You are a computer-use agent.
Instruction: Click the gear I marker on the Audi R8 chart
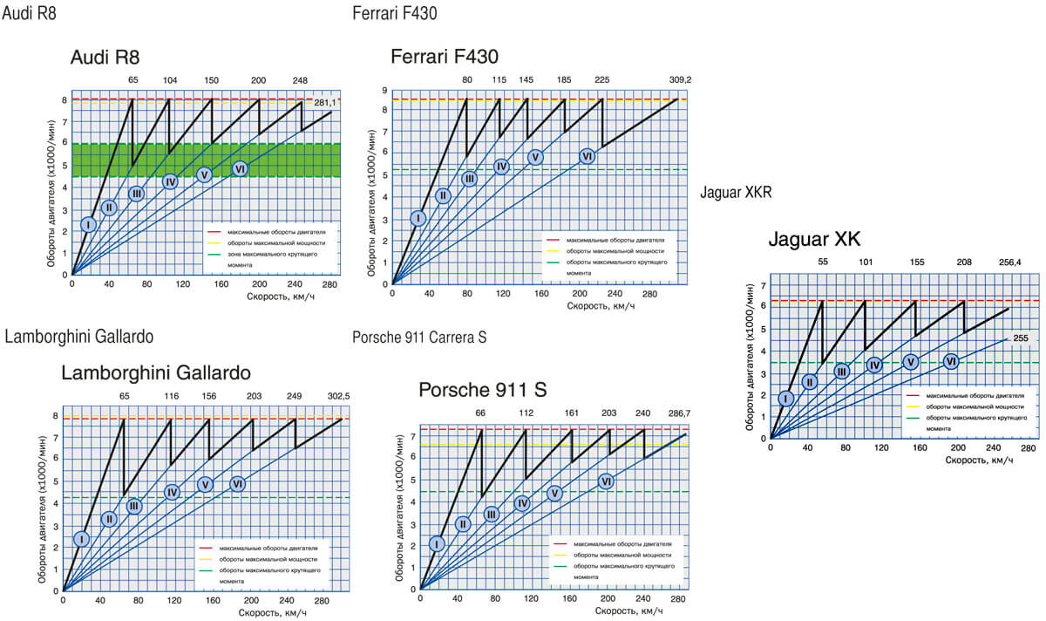(x=88, y=224)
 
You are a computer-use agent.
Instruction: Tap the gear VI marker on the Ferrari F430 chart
(x=588, y=156)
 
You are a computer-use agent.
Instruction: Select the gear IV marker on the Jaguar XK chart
(x=874, y=365)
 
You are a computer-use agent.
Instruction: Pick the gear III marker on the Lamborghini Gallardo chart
(x=133, y=506)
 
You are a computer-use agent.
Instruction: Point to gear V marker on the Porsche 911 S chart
(x=554, y=493)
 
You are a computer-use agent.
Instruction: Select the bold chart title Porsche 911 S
(x=482, y=390)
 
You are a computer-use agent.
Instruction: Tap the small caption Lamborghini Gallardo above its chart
(x=79, y=338)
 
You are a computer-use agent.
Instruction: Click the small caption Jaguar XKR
(x=736, y=192)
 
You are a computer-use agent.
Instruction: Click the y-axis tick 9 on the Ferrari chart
(x=384, y=90)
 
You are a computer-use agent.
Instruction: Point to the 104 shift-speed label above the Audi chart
(x=170, y=79)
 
